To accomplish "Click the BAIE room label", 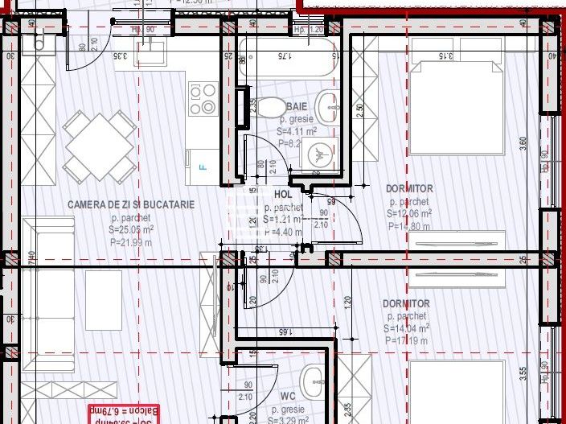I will (297, 106).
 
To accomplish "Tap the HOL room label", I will (282, 194).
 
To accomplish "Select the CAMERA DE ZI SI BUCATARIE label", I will (131, 205).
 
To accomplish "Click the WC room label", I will (289, 397).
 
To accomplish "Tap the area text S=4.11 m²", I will (297, 131).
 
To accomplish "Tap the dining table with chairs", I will (100, 146).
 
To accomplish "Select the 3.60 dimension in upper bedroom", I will (523, 142).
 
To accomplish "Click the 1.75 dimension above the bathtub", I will (283, 56).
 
